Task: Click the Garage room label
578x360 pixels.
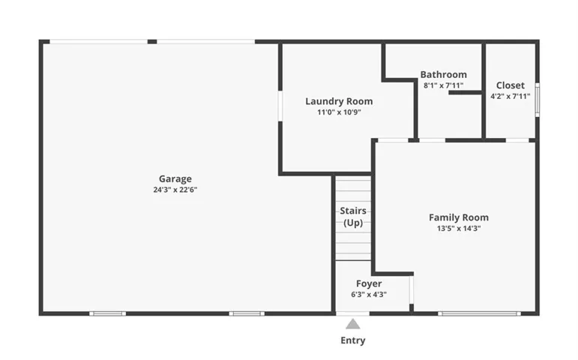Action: click(x=175, y=179)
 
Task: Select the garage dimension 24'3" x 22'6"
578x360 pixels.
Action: click(x=175, y=190)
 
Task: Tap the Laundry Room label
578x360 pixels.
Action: click(x=339, y=101)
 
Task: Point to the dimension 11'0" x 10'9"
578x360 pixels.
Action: click(x=339, y=112)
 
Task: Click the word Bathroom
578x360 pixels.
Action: click(x=444, y=74)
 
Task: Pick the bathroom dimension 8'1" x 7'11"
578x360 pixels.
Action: click(x=444, y=85)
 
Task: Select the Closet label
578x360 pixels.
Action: click(x=511, y=85)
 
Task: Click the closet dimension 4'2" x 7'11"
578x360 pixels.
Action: click(x=511, y=96)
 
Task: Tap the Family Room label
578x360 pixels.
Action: click(x=459, y=217)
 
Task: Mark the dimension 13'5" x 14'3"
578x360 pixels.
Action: click(x=459, y=228)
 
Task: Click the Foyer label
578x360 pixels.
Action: click(x=369, y=283)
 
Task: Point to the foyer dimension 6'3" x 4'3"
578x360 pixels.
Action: click(x=369, y=294)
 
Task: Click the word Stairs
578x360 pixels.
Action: click(x=353, y=211)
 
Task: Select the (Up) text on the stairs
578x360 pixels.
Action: click(x=353, y=223)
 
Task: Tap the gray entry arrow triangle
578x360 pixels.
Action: click(x=353, y=324)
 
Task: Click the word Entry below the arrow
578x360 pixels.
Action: click(x=353, y=340)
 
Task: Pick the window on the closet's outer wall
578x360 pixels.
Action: click(x=538, y=100)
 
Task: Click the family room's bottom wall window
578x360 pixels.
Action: click(x=479, y=314)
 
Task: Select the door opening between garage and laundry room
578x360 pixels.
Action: click(x=280, y=106)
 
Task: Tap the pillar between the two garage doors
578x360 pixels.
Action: click(x=152, y=42)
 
